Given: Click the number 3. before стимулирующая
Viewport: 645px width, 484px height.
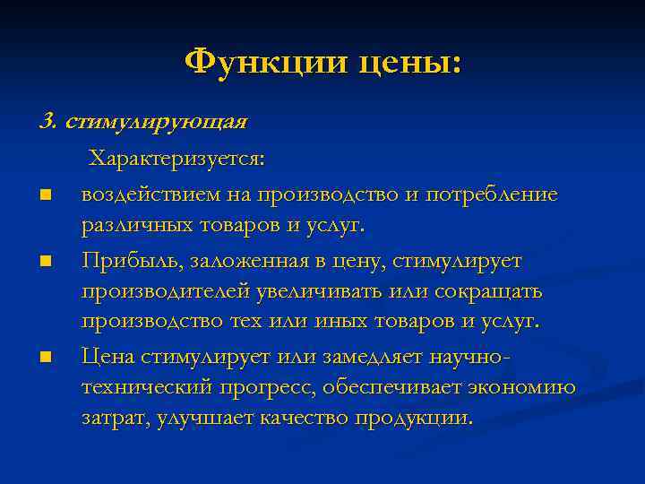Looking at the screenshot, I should point(48,121).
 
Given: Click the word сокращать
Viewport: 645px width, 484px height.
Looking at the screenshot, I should point(494,292).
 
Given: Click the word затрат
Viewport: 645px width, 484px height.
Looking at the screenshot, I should point(112,419).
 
